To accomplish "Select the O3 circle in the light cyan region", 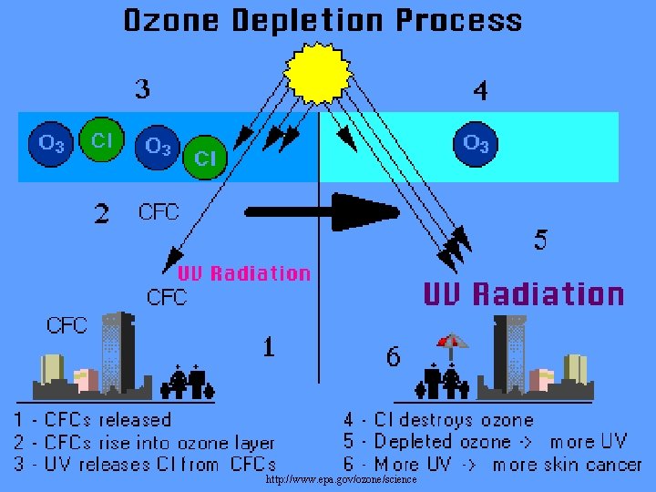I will pos(476,142).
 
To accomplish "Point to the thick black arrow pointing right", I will pos(323,212).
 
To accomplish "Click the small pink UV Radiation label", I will pos(243,273).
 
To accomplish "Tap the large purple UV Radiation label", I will pos(524,294).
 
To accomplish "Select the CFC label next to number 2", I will pos(159,212).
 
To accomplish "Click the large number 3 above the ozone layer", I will pos(143,89).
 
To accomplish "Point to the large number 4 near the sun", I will pos(480,90).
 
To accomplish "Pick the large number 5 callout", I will pos(541,240).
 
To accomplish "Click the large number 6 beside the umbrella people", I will pos(393,357).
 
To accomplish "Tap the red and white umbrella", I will pos(452,342).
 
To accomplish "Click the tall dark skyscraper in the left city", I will pos(118,351).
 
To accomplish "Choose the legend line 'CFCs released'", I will pos(92,420).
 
